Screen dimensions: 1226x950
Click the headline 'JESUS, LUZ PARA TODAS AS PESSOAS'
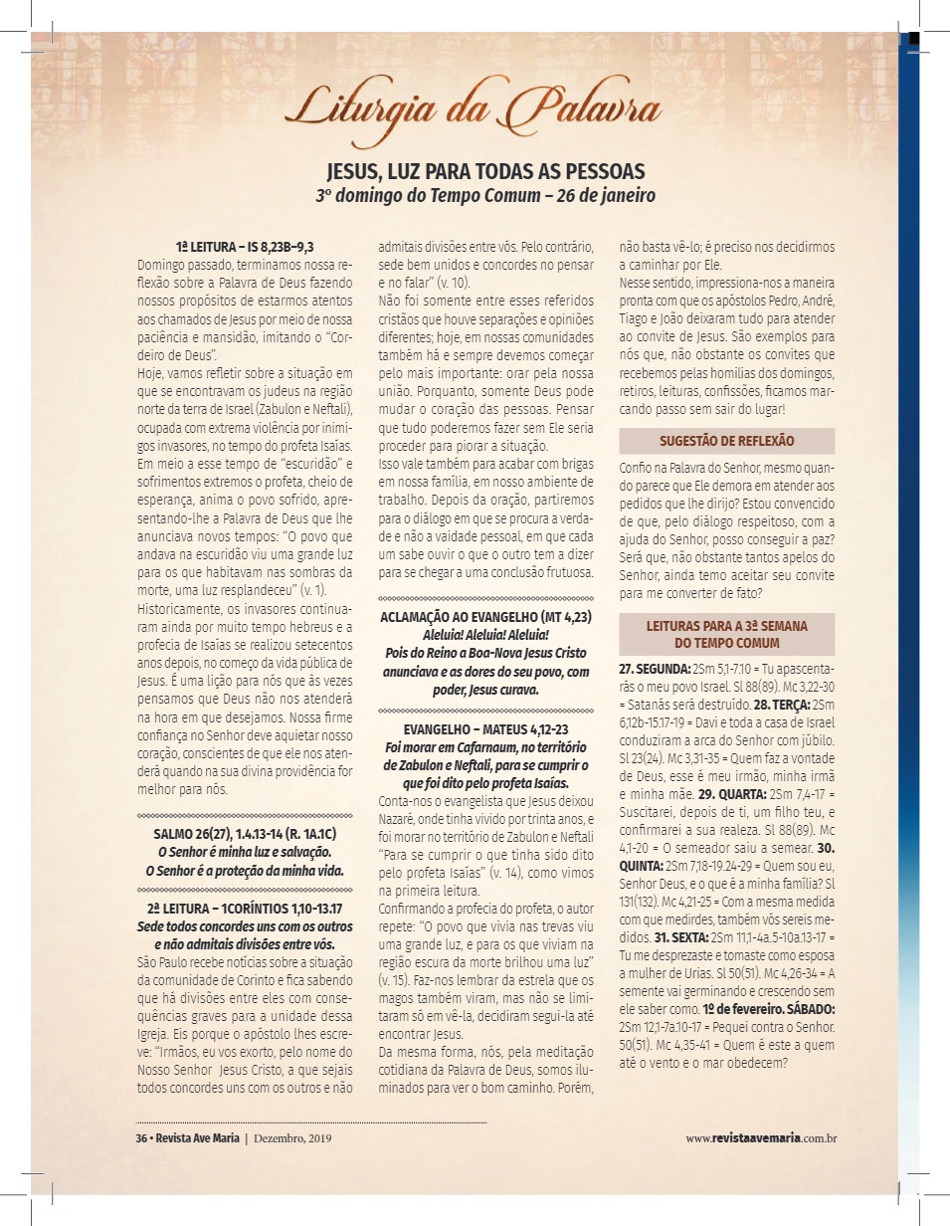(x=486, y=170)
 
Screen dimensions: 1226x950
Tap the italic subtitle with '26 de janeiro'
(x=486, y=195)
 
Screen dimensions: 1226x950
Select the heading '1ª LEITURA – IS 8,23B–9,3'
(x=246, y=246)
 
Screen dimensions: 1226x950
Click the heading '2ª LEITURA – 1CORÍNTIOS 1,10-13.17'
(x=245, y=909)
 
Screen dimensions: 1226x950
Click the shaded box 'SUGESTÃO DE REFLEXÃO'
(x=726, y=441)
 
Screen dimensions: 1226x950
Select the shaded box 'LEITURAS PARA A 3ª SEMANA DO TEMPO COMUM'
(x=726, y=634)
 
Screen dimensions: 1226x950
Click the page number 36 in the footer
(x=140, y=1137)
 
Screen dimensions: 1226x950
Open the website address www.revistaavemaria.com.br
(x=760, y=1137)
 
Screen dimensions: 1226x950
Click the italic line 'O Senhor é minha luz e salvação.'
(x=245, y=851)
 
